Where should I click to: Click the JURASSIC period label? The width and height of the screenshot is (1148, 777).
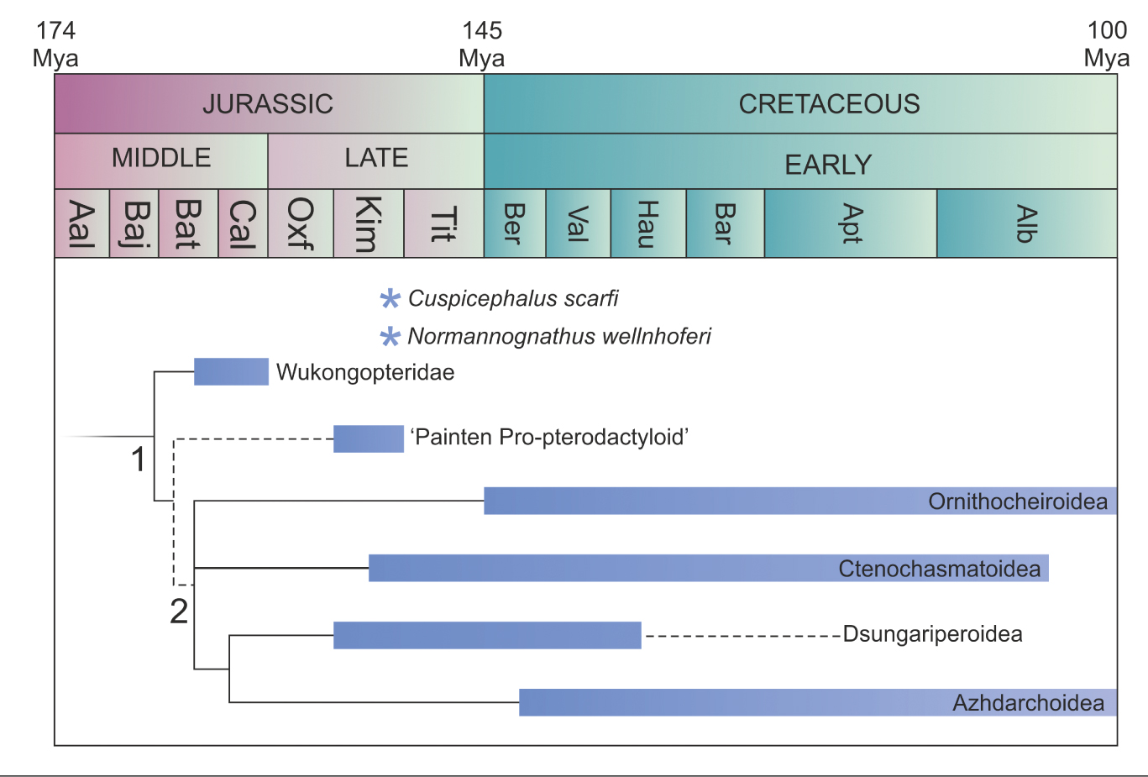268,104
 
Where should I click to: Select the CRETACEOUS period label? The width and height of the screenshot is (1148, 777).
829,104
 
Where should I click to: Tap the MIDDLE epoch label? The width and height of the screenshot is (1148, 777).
161,158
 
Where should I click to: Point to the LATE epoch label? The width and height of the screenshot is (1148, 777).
376,158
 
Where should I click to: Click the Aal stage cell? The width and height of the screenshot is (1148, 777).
81,223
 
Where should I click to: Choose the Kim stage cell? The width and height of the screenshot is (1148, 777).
369,223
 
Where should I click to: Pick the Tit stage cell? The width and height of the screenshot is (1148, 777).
443,223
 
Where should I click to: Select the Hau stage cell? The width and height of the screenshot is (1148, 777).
647,223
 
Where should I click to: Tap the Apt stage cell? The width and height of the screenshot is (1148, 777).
851,223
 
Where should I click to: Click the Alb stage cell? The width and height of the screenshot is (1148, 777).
1026,223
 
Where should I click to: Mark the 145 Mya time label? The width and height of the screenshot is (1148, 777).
481,45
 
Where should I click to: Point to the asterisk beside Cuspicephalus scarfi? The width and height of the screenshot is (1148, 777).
390,299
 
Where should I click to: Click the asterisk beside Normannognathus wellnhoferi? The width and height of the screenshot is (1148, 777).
390,338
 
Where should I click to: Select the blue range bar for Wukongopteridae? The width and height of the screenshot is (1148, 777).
231,371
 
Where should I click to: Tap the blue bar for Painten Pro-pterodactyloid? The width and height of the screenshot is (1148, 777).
368,438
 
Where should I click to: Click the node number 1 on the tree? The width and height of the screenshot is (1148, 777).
139,460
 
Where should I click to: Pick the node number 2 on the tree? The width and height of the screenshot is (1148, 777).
179,612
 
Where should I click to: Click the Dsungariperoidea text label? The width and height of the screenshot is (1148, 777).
932,634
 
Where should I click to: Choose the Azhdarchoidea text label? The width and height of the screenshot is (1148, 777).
1028,703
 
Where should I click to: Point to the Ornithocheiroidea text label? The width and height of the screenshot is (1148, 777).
1017,501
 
